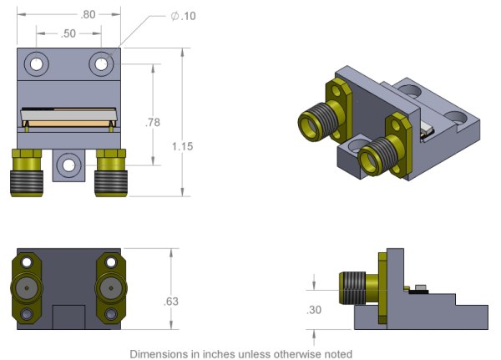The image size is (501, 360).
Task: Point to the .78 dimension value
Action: [153, 122]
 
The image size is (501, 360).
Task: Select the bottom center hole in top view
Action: [68, 165]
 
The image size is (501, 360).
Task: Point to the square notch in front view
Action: [68, 317]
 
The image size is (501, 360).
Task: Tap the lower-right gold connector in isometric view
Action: [386, 151]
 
